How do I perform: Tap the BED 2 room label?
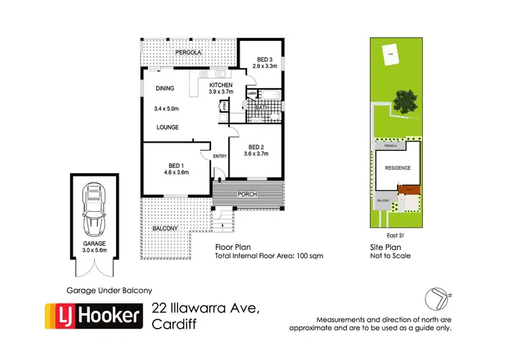point(256,147)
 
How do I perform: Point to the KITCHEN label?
point(221,85)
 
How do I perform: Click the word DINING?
point(166,88)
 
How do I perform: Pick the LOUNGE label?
point(168,127)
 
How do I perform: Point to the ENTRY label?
point(220,157)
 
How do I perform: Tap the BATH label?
point(262,107)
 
